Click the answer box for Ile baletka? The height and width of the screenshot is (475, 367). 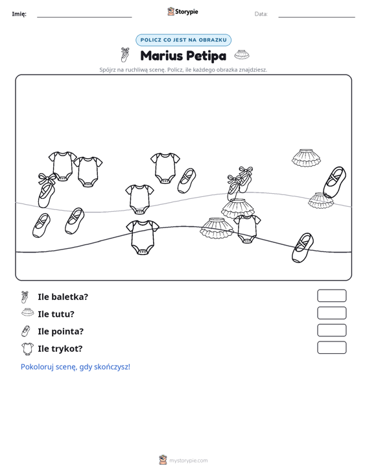pos(331,295)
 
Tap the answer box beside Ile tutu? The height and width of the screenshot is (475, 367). pos(331,313)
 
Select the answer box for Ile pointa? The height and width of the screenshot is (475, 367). pos(331,330)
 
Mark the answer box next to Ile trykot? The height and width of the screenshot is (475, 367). pos(331,347)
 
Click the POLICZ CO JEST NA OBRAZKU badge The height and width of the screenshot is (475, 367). pos(184,40)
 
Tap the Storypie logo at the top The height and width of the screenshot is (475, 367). pos(183,12)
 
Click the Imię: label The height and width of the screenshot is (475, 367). pos(19,14)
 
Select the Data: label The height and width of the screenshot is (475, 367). pos(261,14)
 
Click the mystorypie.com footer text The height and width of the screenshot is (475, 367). pos(188,461)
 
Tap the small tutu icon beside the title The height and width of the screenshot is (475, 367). pos(242,54)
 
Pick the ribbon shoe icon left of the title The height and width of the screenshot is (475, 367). pos(125,54)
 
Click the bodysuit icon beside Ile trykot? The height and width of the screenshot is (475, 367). pos(27,349)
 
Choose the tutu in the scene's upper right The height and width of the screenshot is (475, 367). pos(306,157)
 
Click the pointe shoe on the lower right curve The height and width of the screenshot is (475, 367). pos(302,248)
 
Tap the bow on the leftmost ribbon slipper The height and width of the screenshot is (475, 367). pos(47,179)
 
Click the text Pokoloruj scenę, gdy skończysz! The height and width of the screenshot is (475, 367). pos(75,367)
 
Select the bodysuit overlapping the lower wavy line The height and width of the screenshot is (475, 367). pos(143,237)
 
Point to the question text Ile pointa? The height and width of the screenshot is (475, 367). pos(60,331)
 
